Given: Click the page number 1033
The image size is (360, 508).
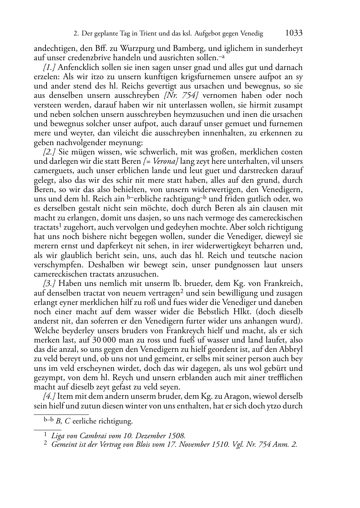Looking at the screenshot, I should tap(294, 33).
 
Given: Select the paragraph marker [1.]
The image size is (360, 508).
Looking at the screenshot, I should tap(49, 67).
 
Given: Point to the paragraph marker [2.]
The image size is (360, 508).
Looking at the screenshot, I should tap(49, 152).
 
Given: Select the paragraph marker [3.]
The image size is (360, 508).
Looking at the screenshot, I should tap(49, 284).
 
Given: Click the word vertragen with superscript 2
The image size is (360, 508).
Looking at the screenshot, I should tap(164, 293).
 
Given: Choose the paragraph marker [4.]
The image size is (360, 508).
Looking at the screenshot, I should tap(49, 397).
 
